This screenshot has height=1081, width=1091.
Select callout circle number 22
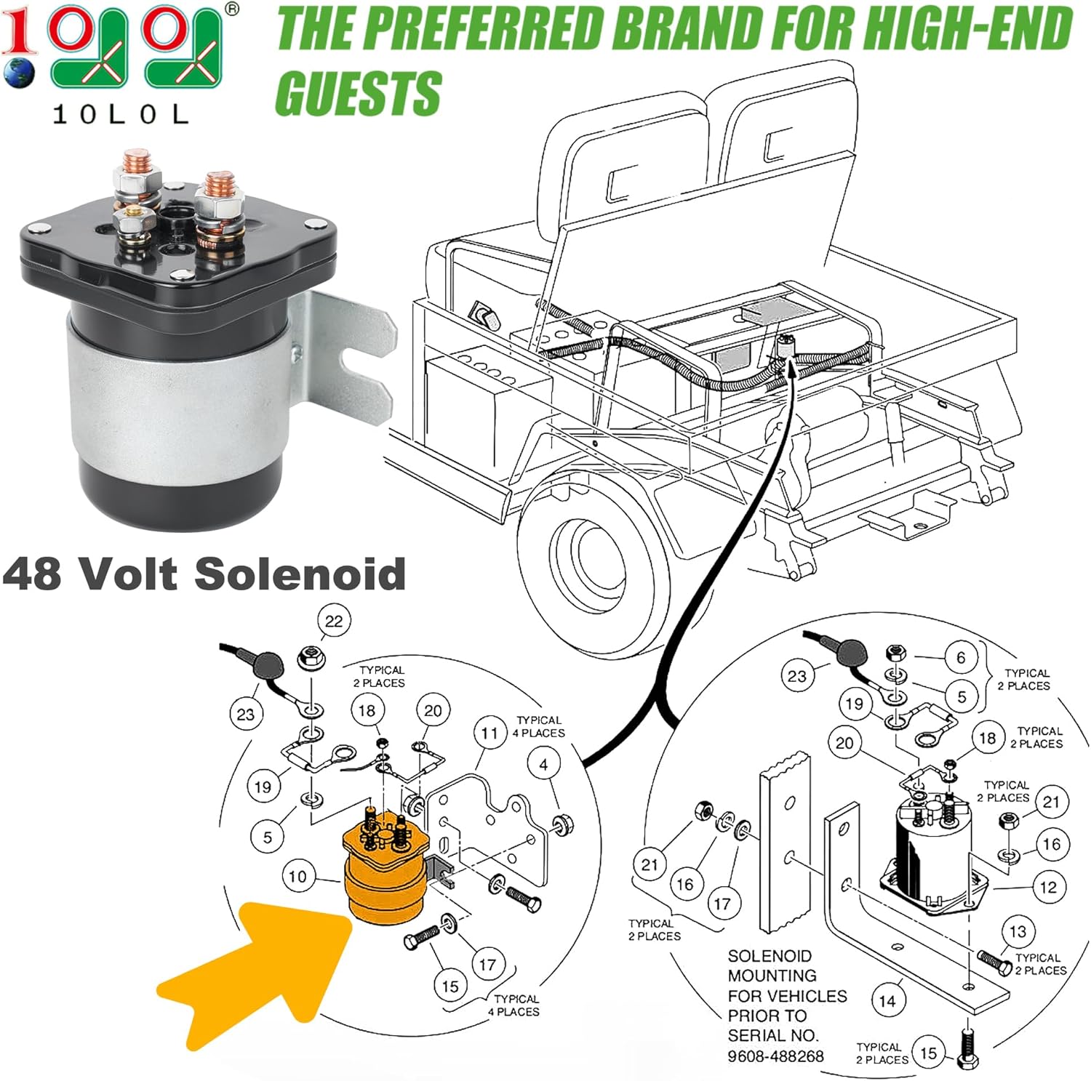pyautogui.click(x=333, y=622)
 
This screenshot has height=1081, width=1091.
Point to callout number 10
pyautogui.click(x=297, y=876)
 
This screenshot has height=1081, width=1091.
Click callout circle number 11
pyautogui.click(x=489, y=734)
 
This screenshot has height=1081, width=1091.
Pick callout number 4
pyautogui.click(x=543, y=764)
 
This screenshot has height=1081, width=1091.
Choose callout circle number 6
pyautogui.click(x=961, y=658)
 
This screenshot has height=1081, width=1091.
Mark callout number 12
pyautogui.click(x=1048, y=887)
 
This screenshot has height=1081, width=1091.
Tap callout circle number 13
pyautogui.click(x=1018, y=931)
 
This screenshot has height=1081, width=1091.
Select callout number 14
pyautogui.click(x=887, y=1001)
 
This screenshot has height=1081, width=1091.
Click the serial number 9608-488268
pyautogui.click(x=775, y=1056)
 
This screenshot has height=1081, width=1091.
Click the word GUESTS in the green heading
pyautogui.click(x=359, y=93)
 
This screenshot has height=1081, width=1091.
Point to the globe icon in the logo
pyautogui.click(x=18, y=73)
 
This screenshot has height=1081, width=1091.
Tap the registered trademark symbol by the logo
pyautogui.click(x=231, y=9)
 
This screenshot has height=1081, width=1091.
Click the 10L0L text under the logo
pyautogui.click(x=121, y=114)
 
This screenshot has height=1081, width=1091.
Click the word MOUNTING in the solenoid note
pyautogui.click(x=772, y=976)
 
